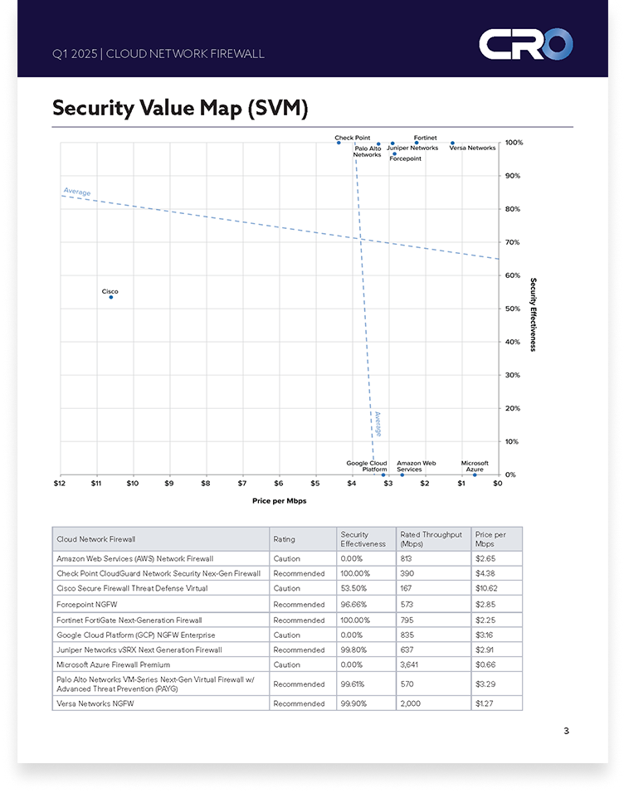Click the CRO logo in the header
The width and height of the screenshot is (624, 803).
tap(525, 44)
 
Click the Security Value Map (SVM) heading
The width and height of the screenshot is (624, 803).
tap(180, 108)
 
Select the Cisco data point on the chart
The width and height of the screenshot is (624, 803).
tap(110, 297)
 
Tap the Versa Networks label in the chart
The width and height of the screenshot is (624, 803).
tap(472, 148)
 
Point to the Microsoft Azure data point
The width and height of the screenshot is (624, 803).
tap(475, 474)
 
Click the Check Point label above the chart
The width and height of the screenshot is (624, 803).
tap(352, 138)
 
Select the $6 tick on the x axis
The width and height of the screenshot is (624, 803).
tap(279, 483)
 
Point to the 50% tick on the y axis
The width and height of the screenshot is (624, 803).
tap(512, 309)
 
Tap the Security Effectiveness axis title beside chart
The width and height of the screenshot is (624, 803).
tap(533, 314)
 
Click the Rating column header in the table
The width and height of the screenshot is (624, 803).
tap(284, 539)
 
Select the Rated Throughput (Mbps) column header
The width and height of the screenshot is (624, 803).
tap(431, 539)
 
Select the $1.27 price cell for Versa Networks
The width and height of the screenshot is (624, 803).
tap(485, 703)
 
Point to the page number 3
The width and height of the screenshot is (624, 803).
tap(566, 731)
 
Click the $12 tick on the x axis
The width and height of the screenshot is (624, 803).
tap(60, 483)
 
